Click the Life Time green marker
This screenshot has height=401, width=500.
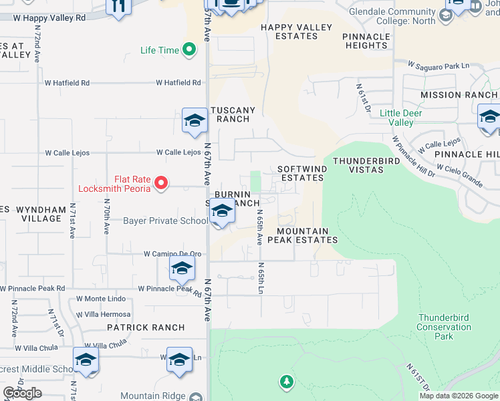tap(189, 50)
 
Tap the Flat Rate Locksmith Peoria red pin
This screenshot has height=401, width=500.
tap(160, 182)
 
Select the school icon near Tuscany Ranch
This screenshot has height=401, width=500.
tap(194, 121)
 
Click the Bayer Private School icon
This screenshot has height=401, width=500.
tap(222, 213)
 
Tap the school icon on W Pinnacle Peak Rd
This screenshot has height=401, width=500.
tap(181, 269)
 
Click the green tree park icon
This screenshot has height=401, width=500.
tap(286, 382)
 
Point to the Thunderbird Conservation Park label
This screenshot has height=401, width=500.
tap(444, 327)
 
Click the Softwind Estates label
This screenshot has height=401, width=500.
tap(301, 174)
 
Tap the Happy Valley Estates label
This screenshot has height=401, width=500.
tap(296, 32)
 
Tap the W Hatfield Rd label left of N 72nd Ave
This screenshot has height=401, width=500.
tap(67, 83)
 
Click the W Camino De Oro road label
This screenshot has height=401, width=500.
tap(172, 254)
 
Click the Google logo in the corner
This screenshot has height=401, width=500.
tap(22, 393)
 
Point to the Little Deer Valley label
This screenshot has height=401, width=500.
tap(406, 118)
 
